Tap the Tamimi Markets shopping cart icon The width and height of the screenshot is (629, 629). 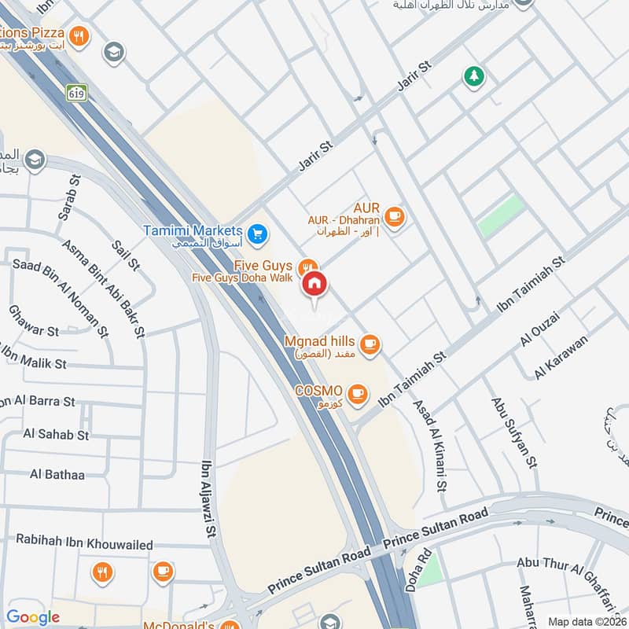click(x=257, y=234)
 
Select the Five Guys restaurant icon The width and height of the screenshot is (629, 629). click(x=309, y=267)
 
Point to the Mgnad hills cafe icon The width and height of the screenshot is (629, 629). click(x=370, y=344)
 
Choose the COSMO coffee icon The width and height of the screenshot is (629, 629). click(x=358, y=392)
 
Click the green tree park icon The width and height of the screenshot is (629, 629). click(x=473, y=76)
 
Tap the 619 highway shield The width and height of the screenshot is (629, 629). click(x=76, y=92)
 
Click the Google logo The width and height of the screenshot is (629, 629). click(x=33, y=617)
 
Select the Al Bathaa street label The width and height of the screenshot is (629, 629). click(x=57, y=473)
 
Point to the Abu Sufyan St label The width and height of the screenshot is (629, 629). click(x=513, y=432)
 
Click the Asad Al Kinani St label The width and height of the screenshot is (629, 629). click(x=430, y=445)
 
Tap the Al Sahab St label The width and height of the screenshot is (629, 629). click(x=57, y=433)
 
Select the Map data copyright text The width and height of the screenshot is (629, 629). click(x=587, y=621)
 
